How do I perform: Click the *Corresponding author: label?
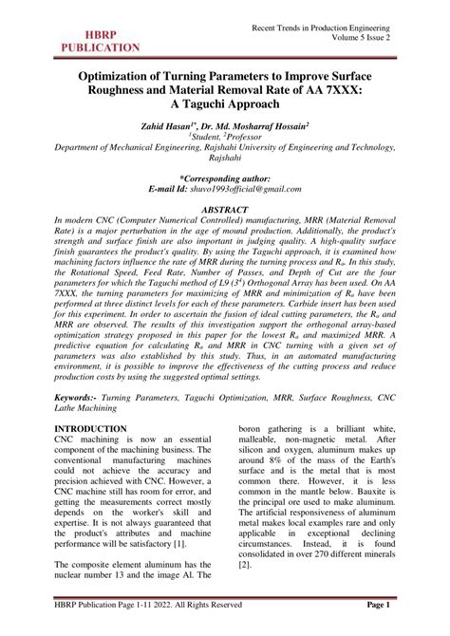pyautogui.click(x=225, y=178)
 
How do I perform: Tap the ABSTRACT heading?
pyautogui.click(x=224, y=207)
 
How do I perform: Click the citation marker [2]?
pyautogui.click(x=244, y=565)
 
